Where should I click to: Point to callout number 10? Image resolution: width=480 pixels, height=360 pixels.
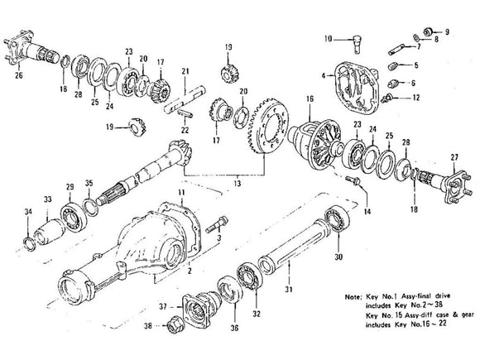click(328, 39)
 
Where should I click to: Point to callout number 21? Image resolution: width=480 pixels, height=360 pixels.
click(185, 71)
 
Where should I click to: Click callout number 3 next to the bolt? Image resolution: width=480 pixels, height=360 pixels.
click(218, 238)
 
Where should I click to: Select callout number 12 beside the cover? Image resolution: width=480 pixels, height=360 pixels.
click(415, 98)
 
